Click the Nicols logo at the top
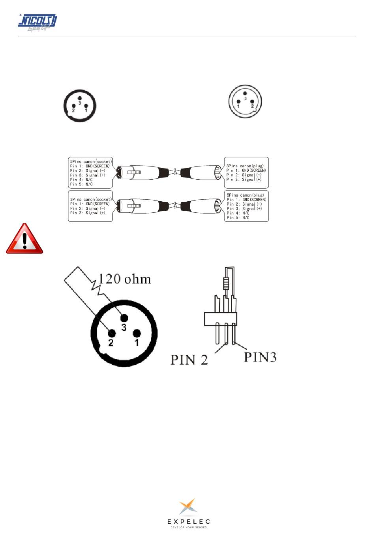(37, 23)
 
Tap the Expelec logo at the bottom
(188, 513)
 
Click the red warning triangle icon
(24, 239)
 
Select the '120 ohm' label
(125, 279)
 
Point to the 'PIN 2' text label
(189, 360)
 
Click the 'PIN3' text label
(260, 357)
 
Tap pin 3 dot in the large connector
(124, 318)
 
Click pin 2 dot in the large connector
(111, 334)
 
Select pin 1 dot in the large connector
(137, 334)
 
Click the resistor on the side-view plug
(226, 283)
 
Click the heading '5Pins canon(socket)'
(91, 161)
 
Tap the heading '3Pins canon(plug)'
(245, 166)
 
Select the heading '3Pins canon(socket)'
(91, 199)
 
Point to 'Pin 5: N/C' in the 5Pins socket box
(81, 184)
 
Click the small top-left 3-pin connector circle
(80, 106)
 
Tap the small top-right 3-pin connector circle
(245, 102)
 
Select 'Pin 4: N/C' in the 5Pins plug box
(238, 213)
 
